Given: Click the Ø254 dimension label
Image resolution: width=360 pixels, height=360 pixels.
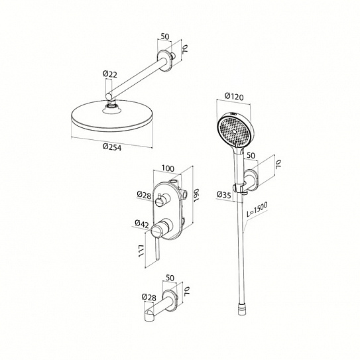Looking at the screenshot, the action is pos(112,147).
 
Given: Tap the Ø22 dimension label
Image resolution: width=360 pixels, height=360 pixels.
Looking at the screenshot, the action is pos(110,74).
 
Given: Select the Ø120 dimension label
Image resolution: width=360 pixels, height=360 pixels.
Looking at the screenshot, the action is pos(234,97).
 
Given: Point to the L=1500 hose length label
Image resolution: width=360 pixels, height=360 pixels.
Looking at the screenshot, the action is pos(257,210).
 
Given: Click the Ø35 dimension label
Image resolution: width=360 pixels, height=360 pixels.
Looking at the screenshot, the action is pos(223,195).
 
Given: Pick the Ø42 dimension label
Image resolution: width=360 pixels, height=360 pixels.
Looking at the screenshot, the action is pos(142,223).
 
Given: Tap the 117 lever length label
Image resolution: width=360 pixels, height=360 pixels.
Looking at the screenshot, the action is pos(141,251).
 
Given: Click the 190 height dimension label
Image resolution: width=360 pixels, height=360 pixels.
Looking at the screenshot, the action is pos(196,196).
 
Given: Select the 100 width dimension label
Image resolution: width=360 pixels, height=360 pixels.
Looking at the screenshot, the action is pos(168,168).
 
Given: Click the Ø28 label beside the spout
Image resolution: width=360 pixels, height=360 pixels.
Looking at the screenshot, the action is pos(149,297).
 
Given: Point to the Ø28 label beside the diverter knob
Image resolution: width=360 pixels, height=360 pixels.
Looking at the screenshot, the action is pos(144,195).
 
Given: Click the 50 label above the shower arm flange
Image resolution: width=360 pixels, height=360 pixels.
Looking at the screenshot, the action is pos(164,36).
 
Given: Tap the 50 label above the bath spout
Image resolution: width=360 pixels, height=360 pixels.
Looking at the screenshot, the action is pos(170,278).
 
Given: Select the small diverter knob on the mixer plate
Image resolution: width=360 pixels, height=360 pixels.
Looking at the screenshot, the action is pos(159,201).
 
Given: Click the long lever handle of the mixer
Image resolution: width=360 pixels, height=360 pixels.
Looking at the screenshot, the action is pos(157,249).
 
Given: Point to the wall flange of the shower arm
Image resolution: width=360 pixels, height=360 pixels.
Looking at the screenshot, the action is pos(165,60).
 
